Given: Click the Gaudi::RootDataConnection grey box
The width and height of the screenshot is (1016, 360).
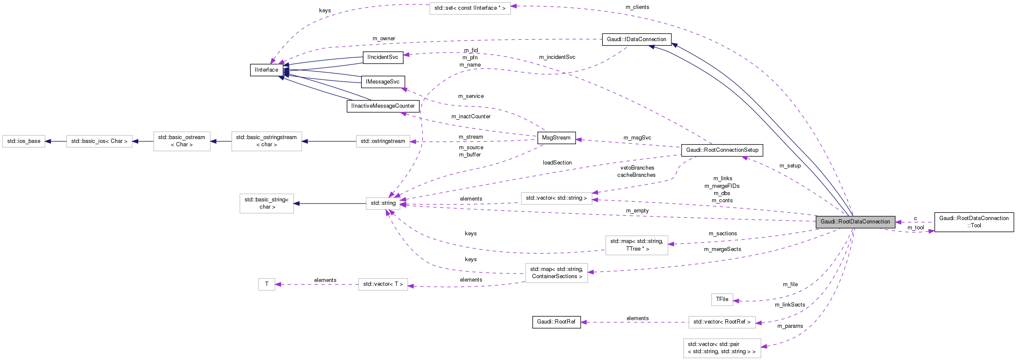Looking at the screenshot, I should [x=855, y=222].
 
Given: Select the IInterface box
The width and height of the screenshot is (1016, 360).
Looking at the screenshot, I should [x=266, y=70].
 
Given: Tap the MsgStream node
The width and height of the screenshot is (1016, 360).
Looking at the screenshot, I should [x=556, y=138].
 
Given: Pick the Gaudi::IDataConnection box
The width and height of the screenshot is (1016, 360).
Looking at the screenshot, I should [x=636, y=39].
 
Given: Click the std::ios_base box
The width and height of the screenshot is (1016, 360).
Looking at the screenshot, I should [x=24, y=141].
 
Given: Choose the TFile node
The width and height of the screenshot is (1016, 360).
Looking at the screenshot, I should [x=722, y=299].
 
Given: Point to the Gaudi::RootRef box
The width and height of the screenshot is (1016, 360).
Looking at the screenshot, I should [x=556, y=322].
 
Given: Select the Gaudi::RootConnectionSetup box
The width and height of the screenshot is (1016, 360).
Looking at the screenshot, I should [x=722, y=150].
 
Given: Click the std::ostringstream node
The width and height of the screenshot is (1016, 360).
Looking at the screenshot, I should [x=383, y=141].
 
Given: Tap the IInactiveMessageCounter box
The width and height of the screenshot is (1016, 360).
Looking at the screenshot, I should [x=383, y=106].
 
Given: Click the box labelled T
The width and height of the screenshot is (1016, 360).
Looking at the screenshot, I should [x=267, y=284].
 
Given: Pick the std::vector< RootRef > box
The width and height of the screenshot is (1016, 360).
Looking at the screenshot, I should [x=721, y=322].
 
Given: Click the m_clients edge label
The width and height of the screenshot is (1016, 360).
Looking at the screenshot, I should [x=637, y=7].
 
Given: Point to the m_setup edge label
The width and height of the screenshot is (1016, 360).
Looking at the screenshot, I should [x=790, y=166].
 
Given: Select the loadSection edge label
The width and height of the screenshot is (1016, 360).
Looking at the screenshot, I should [x=557, y=163].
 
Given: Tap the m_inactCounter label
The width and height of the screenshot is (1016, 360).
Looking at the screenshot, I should [x=470, y=117].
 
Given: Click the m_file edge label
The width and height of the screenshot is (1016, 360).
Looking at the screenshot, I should [x=790, y=285].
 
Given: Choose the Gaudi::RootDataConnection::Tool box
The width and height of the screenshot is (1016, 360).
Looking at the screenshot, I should [x=974, y=222].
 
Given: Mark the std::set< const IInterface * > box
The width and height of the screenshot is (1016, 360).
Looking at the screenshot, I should [x=470, y=8].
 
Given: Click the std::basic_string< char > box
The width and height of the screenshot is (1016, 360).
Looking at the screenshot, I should [x=266, y=204].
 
